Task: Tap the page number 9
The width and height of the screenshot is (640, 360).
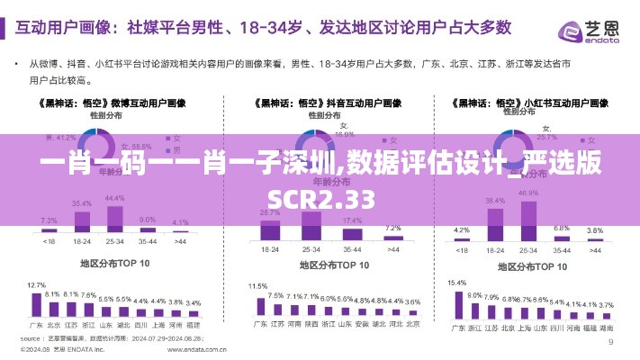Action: (x=611, y=342)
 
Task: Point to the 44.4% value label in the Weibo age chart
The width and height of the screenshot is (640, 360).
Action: (x=114, y=197)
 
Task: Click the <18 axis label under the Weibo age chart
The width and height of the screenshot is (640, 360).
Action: (x=50, y=242)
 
